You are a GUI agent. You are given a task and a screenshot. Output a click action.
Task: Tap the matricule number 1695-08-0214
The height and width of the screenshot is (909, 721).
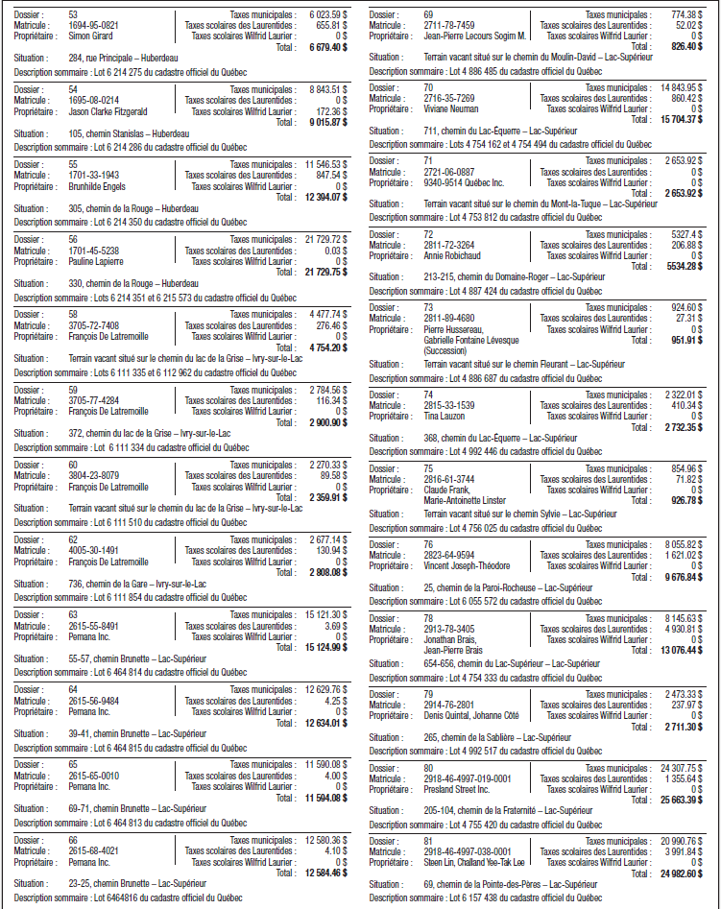click(x=93, y=99)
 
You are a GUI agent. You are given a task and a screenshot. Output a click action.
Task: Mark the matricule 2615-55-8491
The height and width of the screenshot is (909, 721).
click(x=93, y=625)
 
